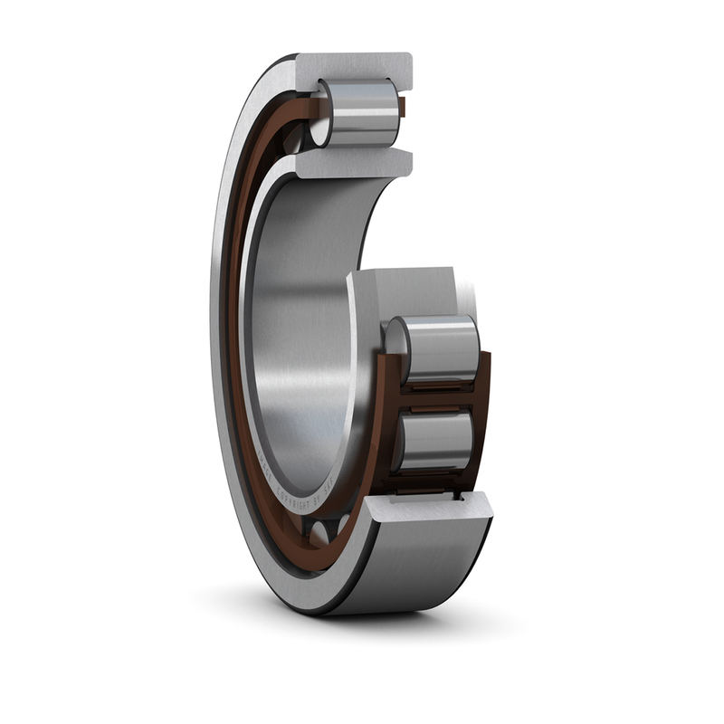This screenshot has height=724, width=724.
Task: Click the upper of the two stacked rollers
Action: click(x=439, y=348)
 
